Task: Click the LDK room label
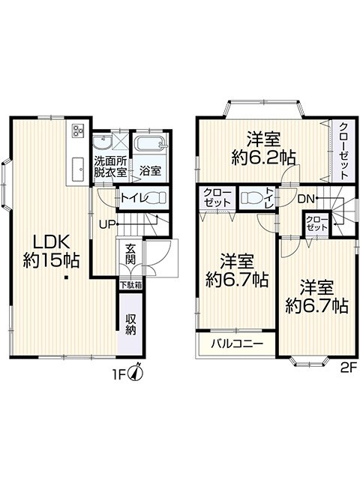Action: click(51, 250)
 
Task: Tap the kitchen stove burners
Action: click(78, 130)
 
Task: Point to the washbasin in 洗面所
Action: click(102, 142)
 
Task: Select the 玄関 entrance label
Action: click(130, 253)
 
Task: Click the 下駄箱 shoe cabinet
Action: click(130, 285)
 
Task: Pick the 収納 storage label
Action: click(130, 325)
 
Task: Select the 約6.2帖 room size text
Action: click(263, 158)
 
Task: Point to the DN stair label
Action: click(307, 199)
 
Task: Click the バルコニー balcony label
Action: click(238, 343)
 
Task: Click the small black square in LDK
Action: click(66, 278)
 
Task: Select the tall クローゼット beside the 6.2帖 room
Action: click(344, 151)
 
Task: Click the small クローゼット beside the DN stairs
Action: click(316, 223)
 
